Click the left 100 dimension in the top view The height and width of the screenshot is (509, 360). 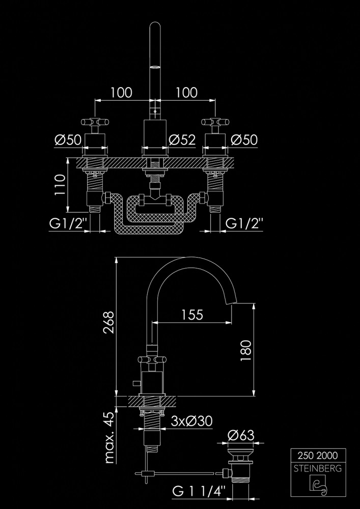[121, 93]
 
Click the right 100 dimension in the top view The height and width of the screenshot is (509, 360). [187, 93]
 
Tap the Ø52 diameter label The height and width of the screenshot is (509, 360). [182, 140]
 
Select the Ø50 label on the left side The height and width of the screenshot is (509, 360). [68, 140]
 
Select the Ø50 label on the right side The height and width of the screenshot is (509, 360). [244, 140]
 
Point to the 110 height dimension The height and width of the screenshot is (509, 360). [60, 184]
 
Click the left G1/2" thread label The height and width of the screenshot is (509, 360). [69, 223]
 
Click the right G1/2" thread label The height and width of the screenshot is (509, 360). [244, 223]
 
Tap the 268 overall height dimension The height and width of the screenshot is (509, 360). [109, 322]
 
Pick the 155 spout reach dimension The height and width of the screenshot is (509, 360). [192, 315]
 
